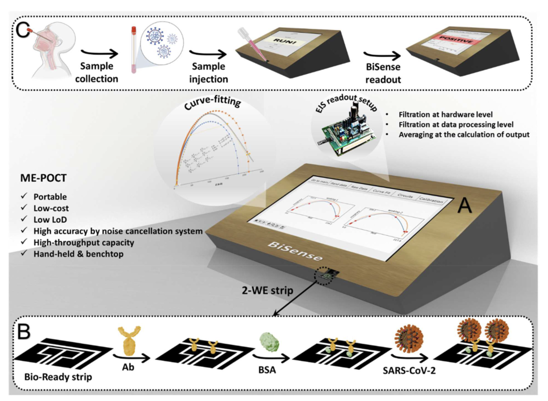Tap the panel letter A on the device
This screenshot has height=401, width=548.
[464, 207]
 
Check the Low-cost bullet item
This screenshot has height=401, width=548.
[50, 208]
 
